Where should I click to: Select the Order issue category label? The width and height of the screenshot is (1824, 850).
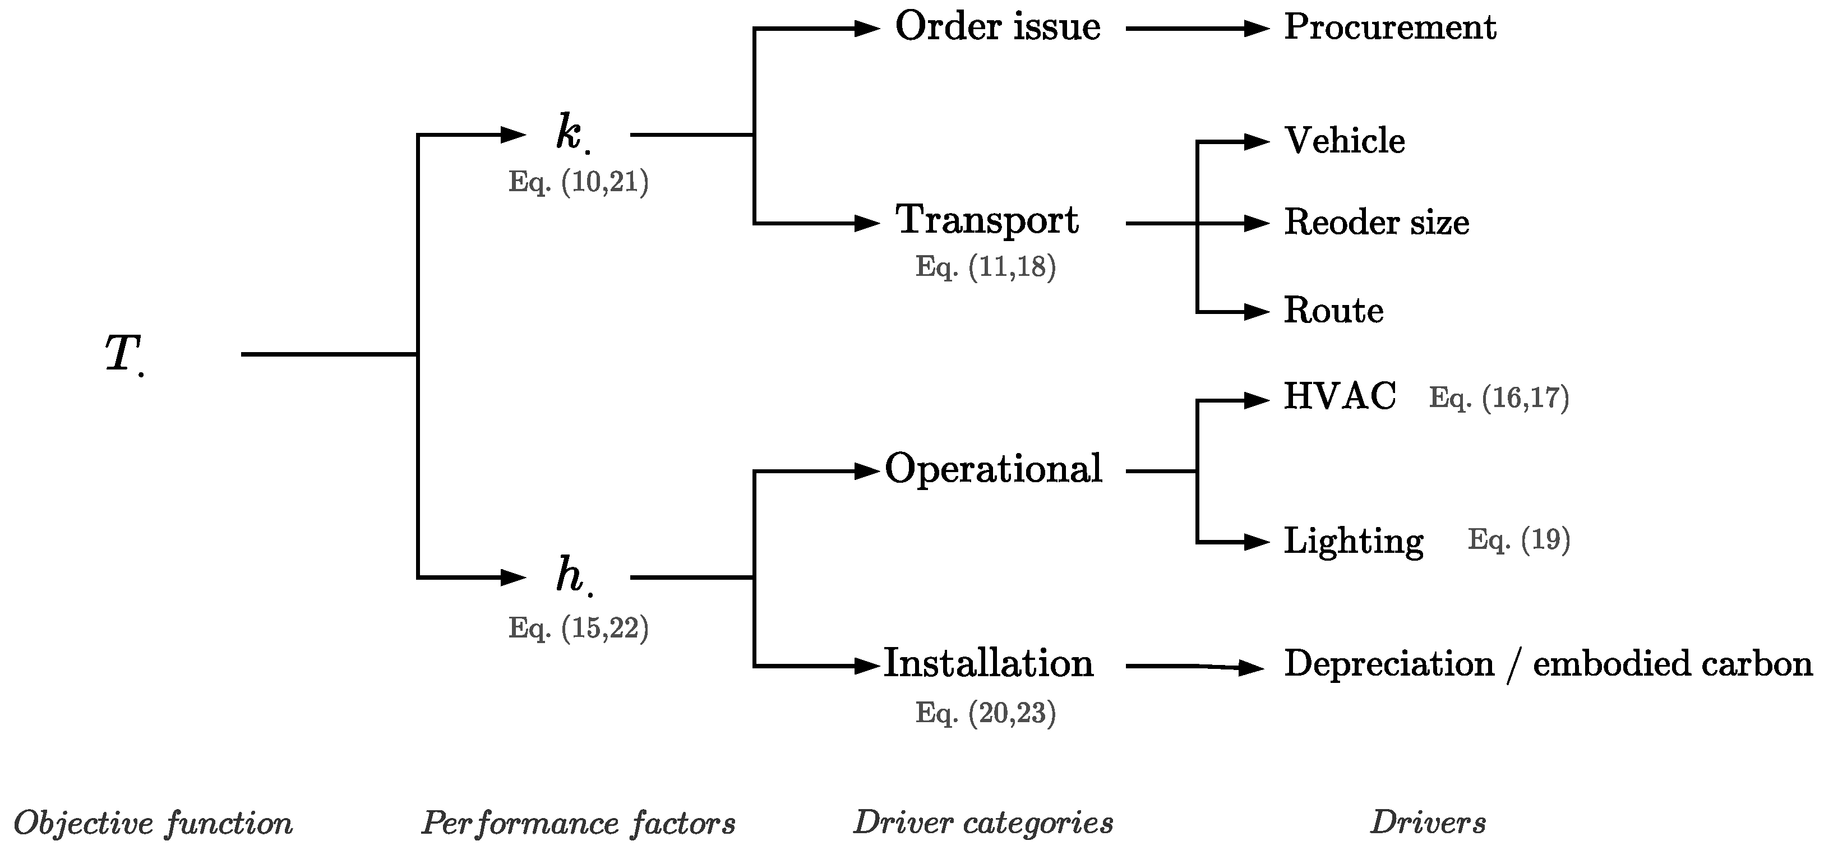(997, 27)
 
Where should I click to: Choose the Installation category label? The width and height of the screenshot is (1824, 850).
(989, 664)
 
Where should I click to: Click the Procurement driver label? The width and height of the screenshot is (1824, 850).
(1389, 27)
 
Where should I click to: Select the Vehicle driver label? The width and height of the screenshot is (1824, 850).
(1344, 141)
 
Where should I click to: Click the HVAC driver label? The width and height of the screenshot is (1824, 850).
(1340, 396)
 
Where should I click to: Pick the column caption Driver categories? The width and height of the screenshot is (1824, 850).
(983, 823)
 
